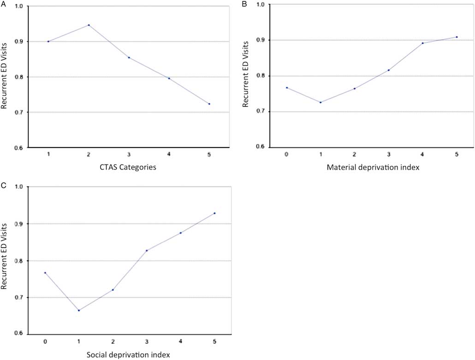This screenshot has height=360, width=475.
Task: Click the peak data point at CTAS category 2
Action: [x=89, y=25]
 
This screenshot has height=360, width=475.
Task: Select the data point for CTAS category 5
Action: [x=209, y=104]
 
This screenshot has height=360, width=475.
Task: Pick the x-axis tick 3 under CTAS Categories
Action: [x=129, y=154]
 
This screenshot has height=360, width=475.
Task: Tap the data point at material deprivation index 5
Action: [x=457, y=37]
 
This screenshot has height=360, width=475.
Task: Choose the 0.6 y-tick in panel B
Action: [x=261, y=147]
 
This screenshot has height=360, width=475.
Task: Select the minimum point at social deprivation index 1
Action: [x=79, y=310]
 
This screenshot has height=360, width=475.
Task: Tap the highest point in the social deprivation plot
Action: [x=214, y=213]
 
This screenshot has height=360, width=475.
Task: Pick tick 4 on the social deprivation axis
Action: [x=180, y=342]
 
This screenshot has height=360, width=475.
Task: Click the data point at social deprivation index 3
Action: [x=147, y=250]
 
